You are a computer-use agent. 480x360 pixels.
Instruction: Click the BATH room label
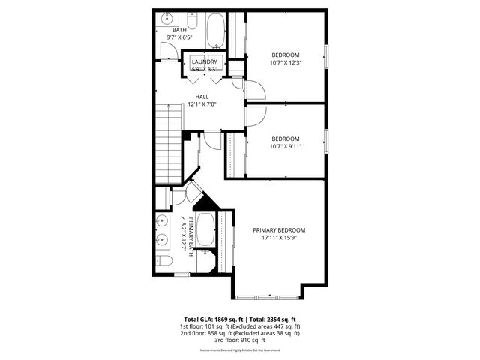click(179, 30)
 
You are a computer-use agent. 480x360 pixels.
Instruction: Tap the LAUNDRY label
click(204, 61)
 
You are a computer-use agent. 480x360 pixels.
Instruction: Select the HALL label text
click(202, 97)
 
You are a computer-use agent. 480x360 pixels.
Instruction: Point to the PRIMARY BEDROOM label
click(279, 230)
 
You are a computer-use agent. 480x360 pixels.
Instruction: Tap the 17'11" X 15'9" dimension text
click(279, 238)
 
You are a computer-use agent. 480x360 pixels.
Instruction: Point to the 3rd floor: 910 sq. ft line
click(239, 340)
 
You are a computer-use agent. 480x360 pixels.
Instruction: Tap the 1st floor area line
click(239, 326)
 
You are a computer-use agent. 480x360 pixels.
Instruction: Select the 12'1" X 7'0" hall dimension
click(202, 104)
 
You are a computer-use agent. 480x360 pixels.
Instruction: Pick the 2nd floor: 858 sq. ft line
click(239, 334)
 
